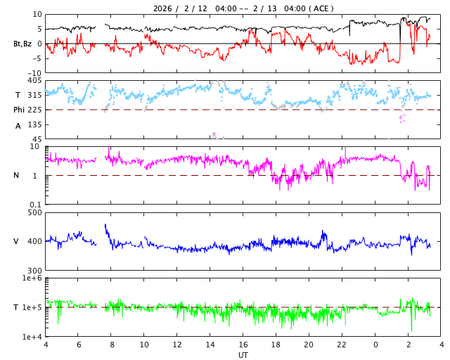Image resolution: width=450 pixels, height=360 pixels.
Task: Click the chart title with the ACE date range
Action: point(243,8)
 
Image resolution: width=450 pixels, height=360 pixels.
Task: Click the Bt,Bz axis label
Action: point(22,44)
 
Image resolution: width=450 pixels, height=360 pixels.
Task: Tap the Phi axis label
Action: point(19,110)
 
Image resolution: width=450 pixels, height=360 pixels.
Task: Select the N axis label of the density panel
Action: point(18,176)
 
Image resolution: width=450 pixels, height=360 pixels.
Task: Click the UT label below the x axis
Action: point(243,355)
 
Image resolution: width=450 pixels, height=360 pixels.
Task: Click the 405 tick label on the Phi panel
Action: point(34,81)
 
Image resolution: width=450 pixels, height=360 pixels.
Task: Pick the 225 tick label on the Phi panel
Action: point(34,110)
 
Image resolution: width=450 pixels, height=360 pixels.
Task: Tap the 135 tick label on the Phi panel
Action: point(34,125)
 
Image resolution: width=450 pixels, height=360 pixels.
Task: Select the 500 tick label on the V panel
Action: point(34,213)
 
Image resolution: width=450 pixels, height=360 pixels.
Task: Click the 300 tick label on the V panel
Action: point(34,271)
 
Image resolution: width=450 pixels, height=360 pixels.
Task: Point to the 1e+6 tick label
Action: point(32,279)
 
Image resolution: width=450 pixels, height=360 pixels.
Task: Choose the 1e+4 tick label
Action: point(32,337)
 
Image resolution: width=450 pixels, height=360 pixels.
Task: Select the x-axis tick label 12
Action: point(177,345)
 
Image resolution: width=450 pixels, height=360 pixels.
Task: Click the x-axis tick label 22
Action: point(342,345)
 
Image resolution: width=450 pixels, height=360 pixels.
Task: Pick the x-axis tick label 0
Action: point(375,345)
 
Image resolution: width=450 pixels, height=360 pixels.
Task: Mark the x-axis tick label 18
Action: point(276,345)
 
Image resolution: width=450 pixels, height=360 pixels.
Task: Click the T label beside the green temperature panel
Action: point(15,308)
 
